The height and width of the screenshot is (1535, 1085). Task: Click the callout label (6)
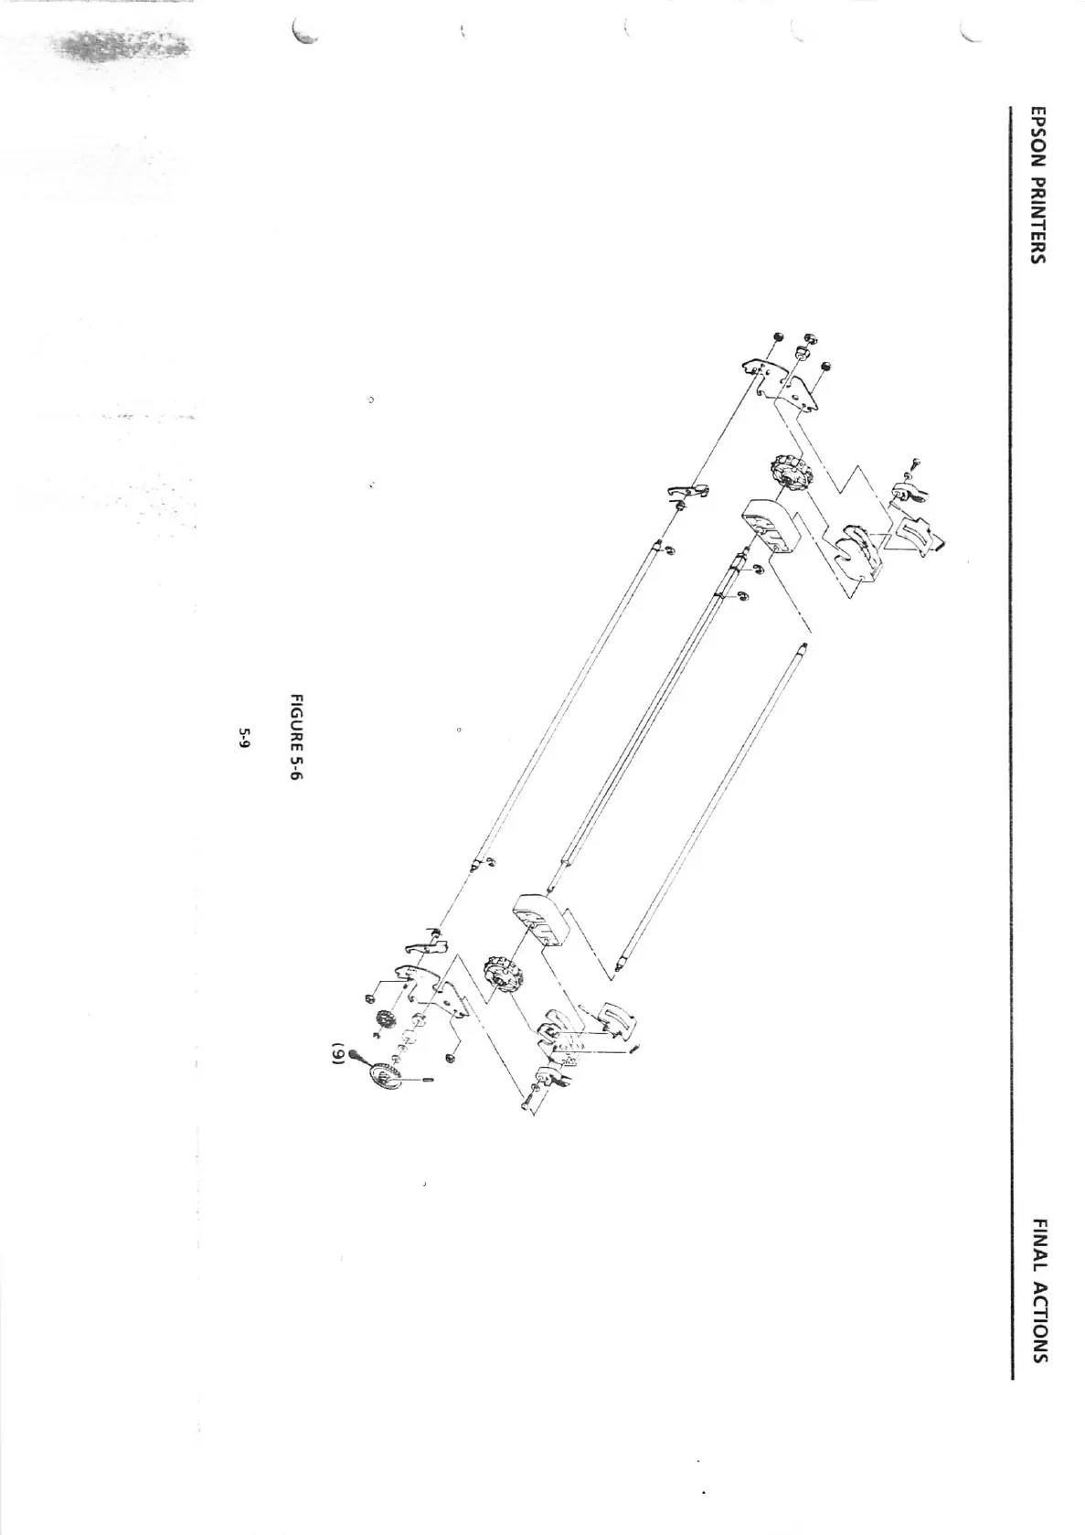(336, 1055)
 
